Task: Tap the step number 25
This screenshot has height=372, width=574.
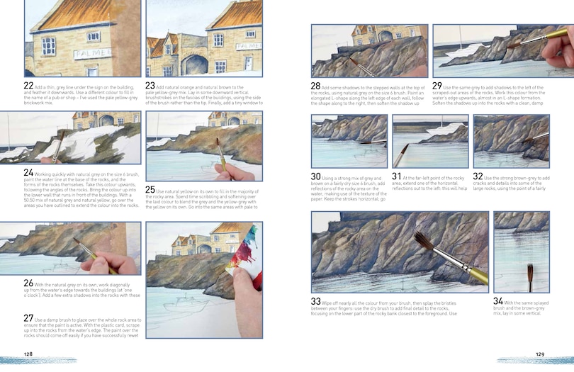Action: point(151,190)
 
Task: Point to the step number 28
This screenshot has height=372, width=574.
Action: point(316,86)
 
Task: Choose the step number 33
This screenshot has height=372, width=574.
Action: point(316,302)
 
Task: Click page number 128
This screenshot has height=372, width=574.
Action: point(28,354)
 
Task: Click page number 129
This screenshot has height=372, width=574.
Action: point(539,354)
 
